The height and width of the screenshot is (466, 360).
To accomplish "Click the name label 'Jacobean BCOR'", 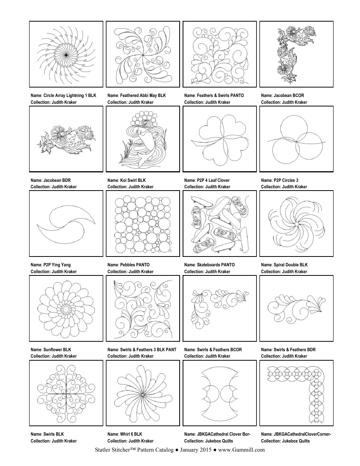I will tap(282, 95).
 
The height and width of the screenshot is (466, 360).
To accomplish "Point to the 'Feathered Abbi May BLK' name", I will tap(136, 95).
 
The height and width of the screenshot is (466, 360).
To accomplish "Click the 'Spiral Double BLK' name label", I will tap(284, 265).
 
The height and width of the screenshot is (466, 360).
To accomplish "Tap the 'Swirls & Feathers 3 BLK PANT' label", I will tap(142, 350).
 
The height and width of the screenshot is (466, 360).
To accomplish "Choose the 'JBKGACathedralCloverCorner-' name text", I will tap(296, 434).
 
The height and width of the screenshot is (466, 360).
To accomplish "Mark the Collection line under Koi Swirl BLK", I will tap(130, 187).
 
